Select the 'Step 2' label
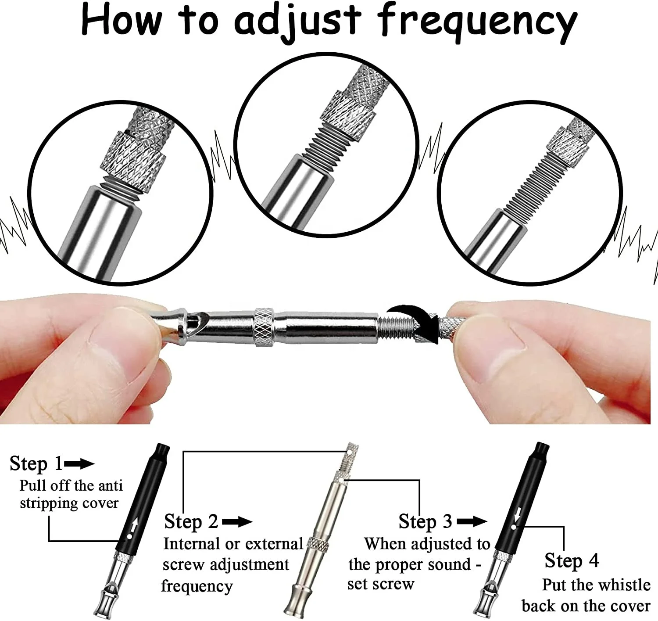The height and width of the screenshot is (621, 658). coord(191,522)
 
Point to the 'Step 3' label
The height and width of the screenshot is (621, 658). coord(425,521)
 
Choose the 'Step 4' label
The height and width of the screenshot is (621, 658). coord(571,560)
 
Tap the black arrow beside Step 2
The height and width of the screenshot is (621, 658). coord(237,522)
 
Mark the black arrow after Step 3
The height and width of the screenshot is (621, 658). coord(472,522)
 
